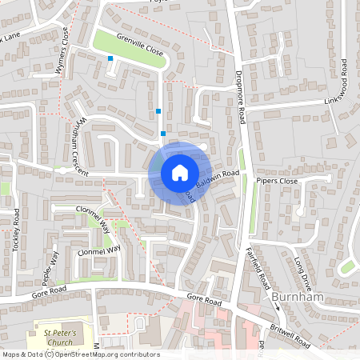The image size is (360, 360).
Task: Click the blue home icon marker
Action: [179, 172]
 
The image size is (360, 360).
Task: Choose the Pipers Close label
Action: [277, 182]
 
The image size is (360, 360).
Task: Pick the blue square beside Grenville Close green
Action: [110, 58]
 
